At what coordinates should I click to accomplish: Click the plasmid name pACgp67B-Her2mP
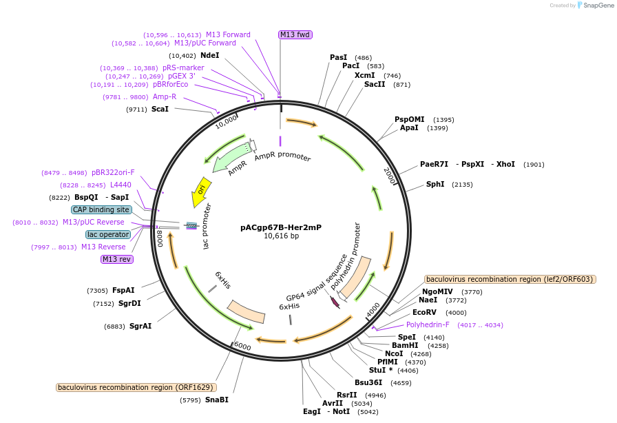(280, 227)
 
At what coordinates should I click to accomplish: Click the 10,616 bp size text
(281, 236)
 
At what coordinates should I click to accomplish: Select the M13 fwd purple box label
(295, 34)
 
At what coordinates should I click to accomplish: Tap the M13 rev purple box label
(116, 259)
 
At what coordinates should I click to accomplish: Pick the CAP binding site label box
(101, 209)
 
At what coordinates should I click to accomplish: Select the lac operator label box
(108, 234)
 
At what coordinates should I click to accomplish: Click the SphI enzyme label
(435, 184)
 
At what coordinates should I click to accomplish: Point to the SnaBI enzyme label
(216, 400)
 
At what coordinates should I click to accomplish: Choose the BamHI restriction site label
(405, 345)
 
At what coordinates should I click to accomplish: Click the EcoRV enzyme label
(424, 312)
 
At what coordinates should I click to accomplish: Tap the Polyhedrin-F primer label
(428, 324)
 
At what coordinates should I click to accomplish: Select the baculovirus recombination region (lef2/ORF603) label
(510, 279)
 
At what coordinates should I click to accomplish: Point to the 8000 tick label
(160, 238)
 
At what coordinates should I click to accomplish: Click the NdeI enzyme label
(210, 55)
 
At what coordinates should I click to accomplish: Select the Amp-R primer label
(165, 96)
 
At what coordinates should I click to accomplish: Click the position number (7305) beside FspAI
(98, 290)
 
